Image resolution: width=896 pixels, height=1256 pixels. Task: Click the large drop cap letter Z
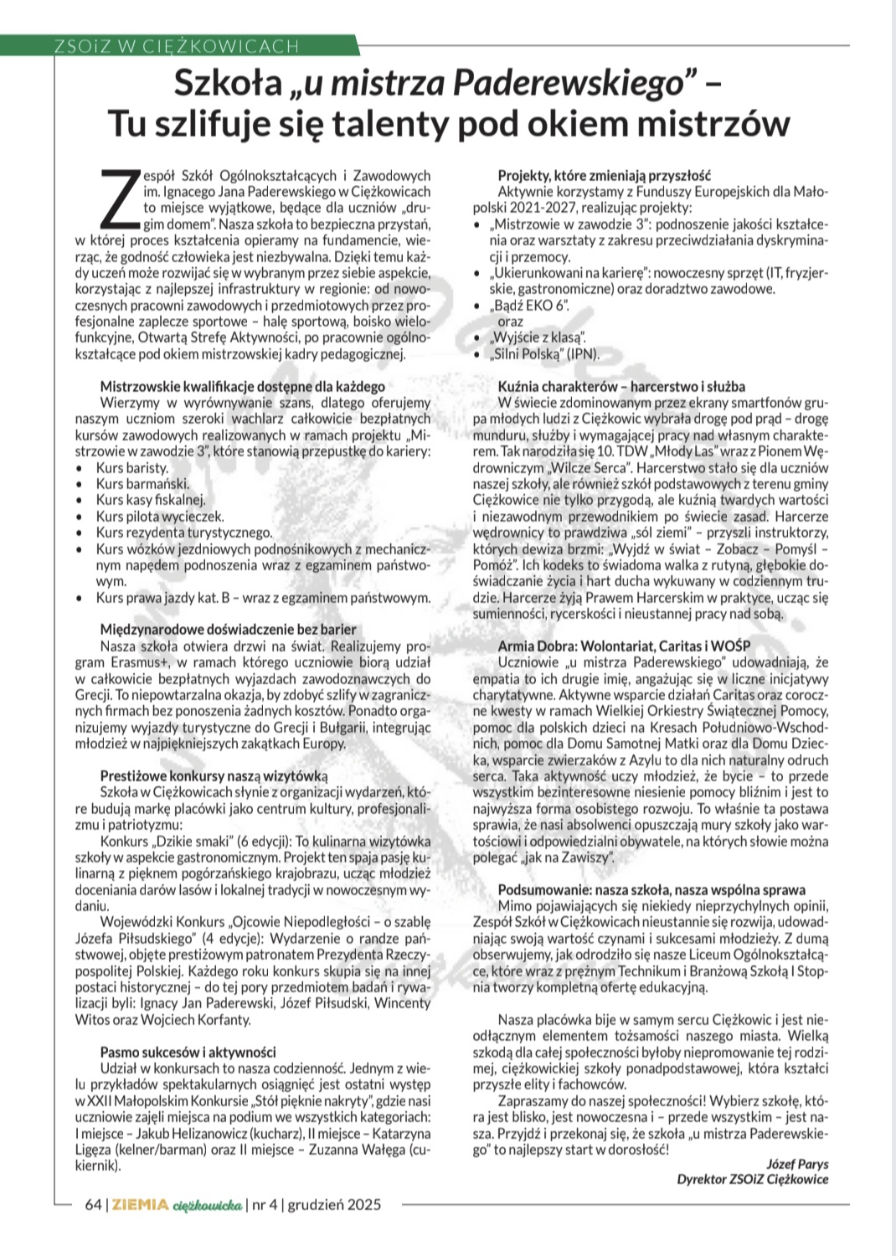tap(121, 198)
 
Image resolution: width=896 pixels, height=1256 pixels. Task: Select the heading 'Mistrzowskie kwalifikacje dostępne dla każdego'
tap(243, 387)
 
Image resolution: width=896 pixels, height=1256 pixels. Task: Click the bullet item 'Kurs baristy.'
tap(132, 468)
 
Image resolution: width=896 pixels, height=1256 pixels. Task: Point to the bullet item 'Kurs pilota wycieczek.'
tap(160, 517)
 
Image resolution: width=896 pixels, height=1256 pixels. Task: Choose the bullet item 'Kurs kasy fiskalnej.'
tap(151, 501)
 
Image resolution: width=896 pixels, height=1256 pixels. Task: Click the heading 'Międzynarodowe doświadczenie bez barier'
tap(228, 629)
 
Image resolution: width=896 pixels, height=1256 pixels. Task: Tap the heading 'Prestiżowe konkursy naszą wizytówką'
tap(214, 775)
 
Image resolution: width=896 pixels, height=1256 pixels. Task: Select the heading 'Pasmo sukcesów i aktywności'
tap(188, 1052)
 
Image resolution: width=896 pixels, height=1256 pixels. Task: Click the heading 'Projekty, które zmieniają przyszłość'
tap(604, 175)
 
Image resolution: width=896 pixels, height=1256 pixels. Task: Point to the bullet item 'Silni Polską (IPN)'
tap(546, 353)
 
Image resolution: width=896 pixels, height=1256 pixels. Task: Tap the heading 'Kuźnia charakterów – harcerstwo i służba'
tap(621, 387)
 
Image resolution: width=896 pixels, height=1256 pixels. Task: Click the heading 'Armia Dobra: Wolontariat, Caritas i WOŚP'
tap(624, 646)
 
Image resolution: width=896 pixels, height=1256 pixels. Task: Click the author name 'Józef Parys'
tap(796, 1163)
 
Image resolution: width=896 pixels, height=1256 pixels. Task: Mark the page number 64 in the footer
tap(93, 1205)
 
